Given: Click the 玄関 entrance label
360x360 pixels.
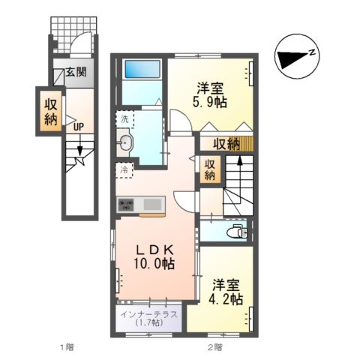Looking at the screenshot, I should coord(74,73).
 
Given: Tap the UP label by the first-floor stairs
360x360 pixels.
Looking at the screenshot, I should coord(77,126).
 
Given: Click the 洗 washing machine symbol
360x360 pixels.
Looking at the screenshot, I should coord(124,119).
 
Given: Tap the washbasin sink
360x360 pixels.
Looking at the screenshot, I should coord(125,143).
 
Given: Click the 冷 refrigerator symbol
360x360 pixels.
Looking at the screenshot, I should coord(124,170).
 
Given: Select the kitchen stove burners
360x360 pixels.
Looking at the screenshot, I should coord(125,203).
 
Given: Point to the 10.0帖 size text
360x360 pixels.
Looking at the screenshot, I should coord(156,264).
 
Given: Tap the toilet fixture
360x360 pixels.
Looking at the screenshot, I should coord(237,231).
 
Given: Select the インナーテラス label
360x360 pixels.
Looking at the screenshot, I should coord(148,315).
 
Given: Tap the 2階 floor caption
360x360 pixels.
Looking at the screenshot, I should coord(215,347).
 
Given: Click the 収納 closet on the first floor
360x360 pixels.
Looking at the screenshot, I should coord(49,110).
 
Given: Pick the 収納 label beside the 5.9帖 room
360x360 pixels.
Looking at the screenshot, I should coord(226,143).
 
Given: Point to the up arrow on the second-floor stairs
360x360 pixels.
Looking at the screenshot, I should coord(240,163).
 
